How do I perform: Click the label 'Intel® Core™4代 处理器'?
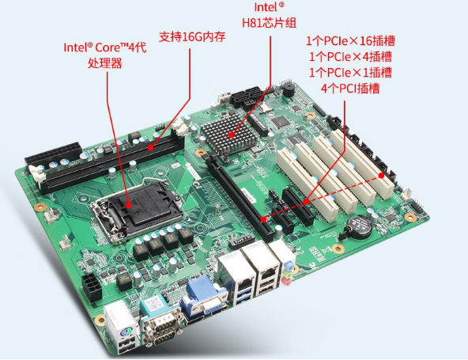pyautogui.click(x=104, y=55)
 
